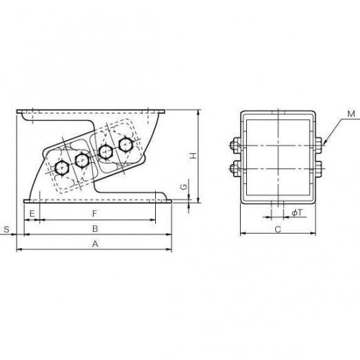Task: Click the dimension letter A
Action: tap(95, 244)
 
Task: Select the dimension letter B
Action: tap(95, 229)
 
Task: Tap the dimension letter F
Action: tap(94, 214)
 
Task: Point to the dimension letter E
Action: tap(32, 214)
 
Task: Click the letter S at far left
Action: tap(7, 229)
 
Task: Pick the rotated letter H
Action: tap(194, 156)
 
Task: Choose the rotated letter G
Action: tap(183, 187)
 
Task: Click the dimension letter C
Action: tap(278, 229)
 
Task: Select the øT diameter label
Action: tap(297, 213)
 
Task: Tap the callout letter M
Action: tap(351, 114)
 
